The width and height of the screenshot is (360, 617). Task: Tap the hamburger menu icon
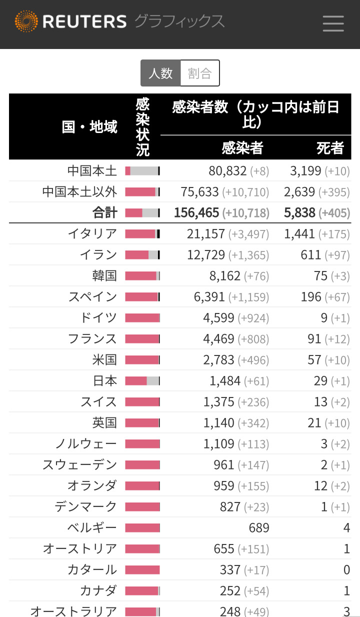(333, 23)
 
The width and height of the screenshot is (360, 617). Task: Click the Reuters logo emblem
(26, 21)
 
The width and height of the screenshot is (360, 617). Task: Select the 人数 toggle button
(160, 73)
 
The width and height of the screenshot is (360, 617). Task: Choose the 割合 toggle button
(199, 73)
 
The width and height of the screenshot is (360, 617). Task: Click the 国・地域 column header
(89, 126)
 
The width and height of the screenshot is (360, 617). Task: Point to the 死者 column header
(330, 147)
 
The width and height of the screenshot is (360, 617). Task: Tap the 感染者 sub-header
(242, 147)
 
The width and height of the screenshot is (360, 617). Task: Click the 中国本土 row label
(92, 171)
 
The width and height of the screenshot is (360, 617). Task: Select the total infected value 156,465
(196, 213)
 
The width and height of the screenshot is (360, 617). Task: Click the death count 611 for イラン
(310, 255)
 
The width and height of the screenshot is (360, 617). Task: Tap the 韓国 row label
(104, 276)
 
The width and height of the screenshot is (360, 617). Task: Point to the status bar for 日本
(142, 381)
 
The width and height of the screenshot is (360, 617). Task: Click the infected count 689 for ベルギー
(258, 528)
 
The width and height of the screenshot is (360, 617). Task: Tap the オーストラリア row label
(73, 611)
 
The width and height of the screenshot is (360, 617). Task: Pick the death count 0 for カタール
(346, 570)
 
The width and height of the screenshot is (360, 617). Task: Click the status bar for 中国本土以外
(142, 192)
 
